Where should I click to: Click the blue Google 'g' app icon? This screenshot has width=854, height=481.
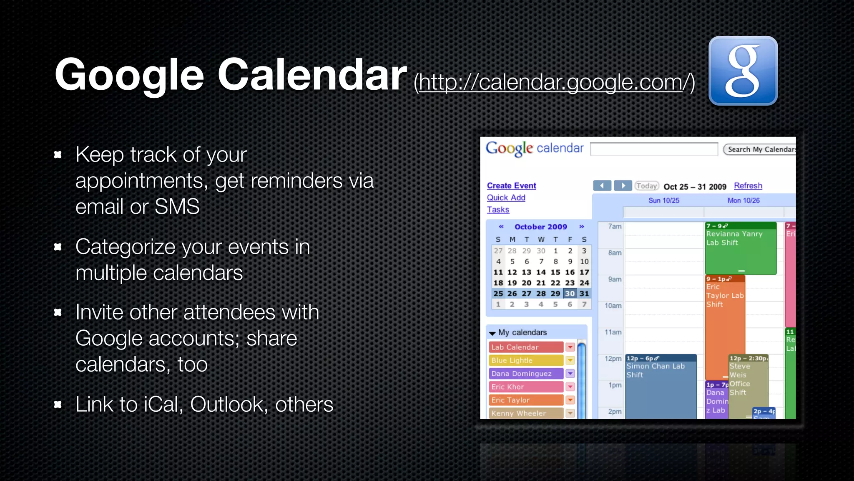[x=743, y=71]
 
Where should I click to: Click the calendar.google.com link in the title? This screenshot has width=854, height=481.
[x=554, y=82]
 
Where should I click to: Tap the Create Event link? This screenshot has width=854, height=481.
[x=511, y=185]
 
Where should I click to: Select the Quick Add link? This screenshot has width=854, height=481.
[x=506, y=197]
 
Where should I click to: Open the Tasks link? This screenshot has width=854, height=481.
[x=498, y=210]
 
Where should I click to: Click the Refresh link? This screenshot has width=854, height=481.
[x=748, y=186]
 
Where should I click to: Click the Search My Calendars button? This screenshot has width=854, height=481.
[x=760, y=149]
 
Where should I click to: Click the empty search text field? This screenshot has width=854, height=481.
[x=653, y=149]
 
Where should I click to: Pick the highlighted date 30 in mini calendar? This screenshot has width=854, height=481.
[x=570, y=294]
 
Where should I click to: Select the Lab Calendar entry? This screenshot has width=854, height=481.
[x=525, y=347]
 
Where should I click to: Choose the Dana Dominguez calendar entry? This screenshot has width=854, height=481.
[x=525, y=374]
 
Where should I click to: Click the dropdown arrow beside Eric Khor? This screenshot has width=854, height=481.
[x=570, y=387]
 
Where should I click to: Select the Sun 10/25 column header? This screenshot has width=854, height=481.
[x=663, y=200]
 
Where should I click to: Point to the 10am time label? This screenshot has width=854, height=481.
[x=613, y=306]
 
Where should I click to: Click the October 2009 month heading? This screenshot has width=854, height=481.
[x=540, y=227]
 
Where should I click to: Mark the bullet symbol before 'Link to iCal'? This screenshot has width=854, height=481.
[x=58, y=404]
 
